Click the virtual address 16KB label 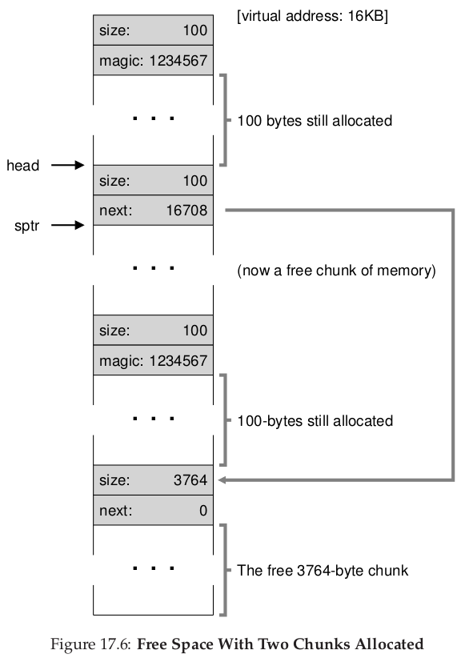[312, 16]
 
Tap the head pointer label [22, 166]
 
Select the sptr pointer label [26, 226]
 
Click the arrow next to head [67, 165]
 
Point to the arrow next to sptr [67, 226]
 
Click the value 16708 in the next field [186, 211]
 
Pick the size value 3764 [190, 480]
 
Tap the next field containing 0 [153, 510]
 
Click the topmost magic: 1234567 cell [153, 60]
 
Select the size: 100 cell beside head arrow [153, 180]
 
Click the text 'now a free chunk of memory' [337, 271]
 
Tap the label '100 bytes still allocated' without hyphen [315, 121]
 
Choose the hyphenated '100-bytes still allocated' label [315, 421]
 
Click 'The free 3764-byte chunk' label [323, 571]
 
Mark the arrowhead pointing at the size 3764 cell [222, 480]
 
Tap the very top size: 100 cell [153, 30]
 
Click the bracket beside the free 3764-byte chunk [226, 570]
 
